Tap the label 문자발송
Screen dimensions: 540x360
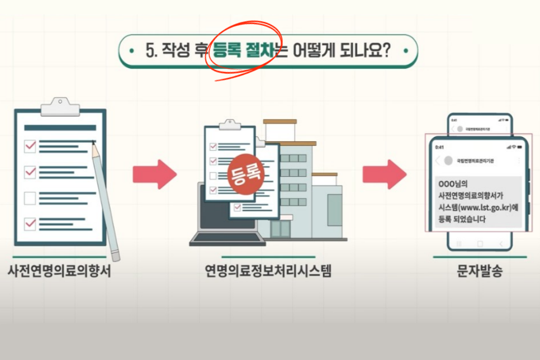click(479, 272)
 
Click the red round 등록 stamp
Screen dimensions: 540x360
click(245, 173)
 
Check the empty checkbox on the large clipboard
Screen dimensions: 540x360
click(30, 197)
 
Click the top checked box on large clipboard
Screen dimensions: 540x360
click(30, 146)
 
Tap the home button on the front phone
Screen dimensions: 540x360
click(479, 244)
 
